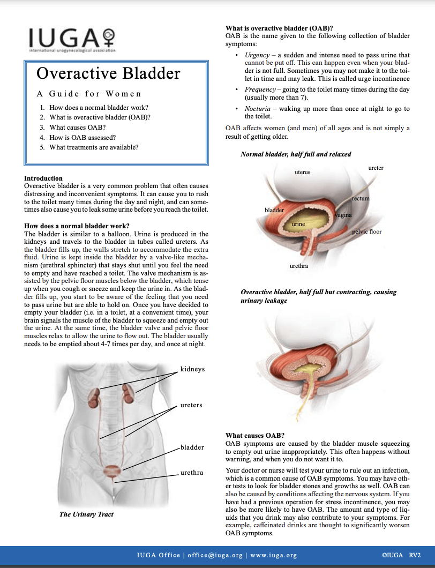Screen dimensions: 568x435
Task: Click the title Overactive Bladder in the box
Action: [108, 73]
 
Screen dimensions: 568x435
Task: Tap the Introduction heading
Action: [43, 178]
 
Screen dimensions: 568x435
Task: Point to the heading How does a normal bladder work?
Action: [73, 226]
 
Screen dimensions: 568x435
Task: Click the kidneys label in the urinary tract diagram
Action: [192, 369]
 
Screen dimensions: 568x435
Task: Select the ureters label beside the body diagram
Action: [191, 405]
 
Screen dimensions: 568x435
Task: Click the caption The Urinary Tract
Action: [86, 514]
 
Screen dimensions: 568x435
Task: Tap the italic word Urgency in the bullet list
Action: [257, 55]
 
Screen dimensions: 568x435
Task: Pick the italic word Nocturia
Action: [258, 108]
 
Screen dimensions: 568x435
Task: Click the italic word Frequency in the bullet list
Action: [260, 89]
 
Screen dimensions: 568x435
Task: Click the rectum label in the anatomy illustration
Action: [361, 199]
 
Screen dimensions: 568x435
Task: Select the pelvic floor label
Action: [366, 232]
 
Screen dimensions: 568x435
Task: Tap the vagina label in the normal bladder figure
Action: [343, 215]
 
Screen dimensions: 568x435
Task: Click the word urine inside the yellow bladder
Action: [298, 223]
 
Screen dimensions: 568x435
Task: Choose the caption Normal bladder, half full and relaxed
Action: [296, 154]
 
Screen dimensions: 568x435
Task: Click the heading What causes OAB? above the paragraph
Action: [254, 435]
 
